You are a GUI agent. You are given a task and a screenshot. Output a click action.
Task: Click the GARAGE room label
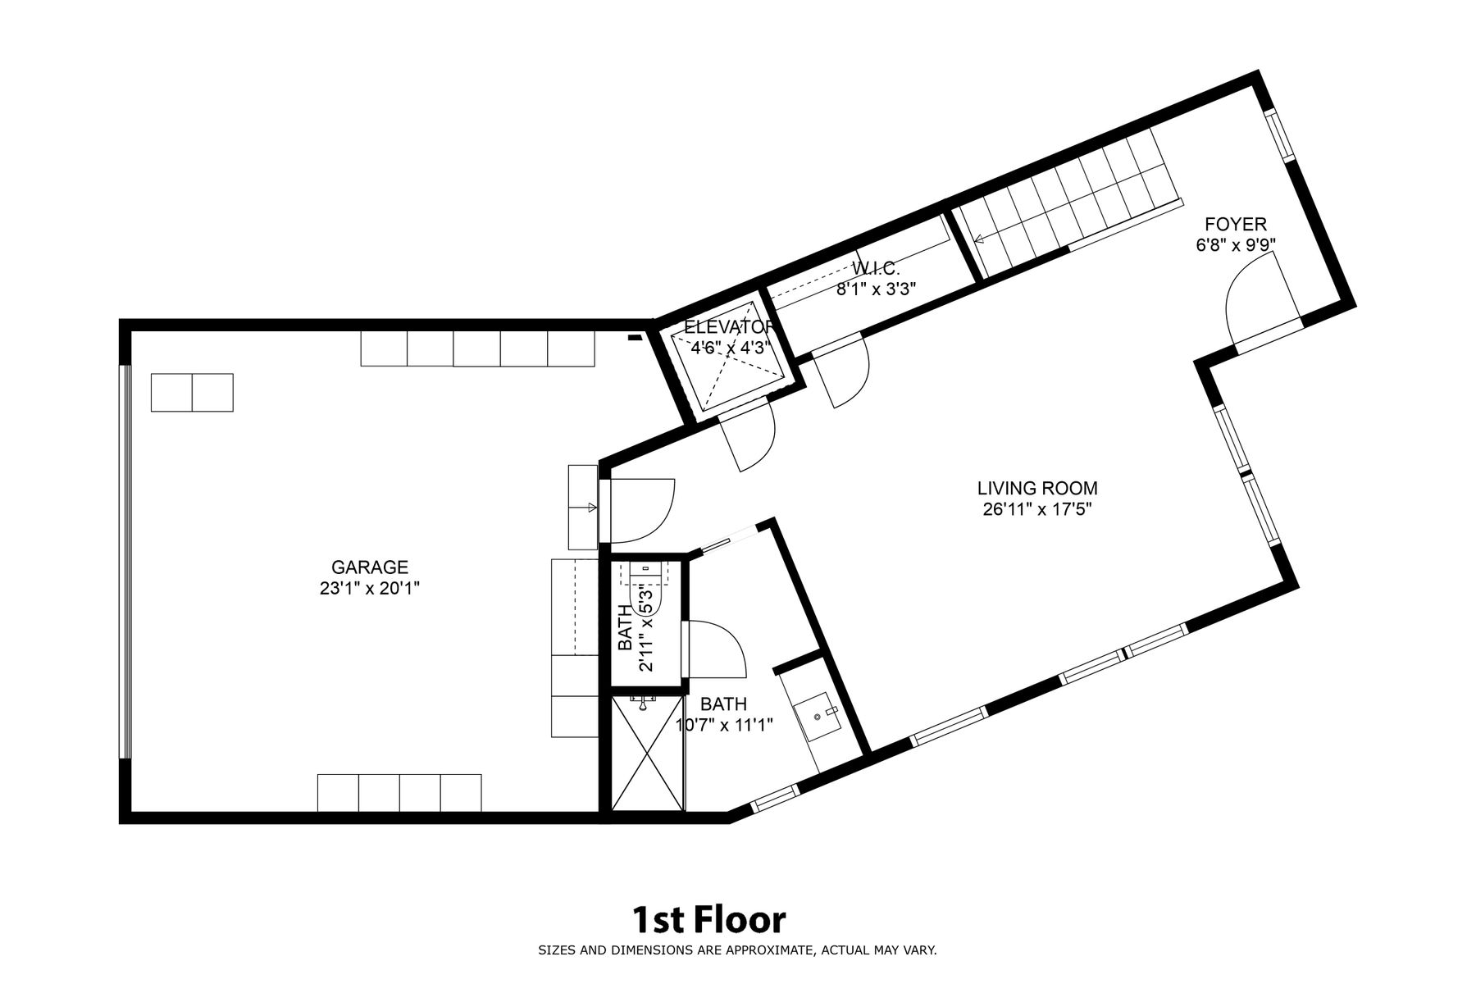369,567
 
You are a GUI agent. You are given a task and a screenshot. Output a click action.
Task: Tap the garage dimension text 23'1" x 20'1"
370,588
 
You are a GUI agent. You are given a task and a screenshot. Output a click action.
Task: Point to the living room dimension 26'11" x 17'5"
1037,509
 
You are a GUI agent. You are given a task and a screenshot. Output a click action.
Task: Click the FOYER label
1235,224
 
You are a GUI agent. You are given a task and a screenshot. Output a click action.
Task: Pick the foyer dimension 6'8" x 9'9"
1235,244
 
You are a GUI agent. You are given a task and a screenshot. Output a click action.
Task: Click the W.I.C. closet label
876,268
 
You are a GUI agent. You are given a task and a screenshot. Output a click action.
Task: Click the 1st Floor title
708,920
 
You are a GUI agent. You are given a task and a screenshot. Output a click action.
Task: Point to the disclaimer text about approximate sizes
737,951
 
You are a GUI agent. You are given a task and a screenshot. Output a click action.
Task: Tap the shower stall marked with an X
648,754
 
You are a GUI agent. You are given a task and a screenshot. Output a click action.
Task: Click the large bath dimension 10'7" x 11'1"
725,725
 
